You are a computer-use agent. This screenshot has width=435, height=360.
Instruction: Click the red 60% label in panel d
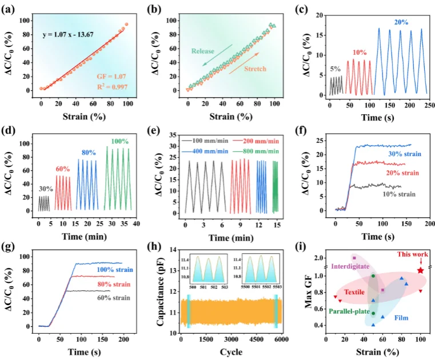coord(63,169)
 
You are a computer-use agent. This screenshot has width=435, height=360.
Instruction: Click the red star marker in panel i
coord(421,270)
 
